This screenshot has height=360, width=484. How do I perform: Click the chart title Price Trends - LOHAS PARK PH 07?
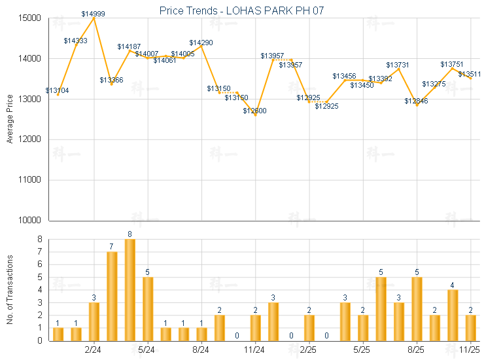coord(242,10)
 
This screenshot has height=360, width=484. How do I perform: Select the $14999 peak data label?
coord(94,14)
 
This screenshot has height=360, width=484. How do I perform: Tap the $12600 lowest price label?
coord(255,111)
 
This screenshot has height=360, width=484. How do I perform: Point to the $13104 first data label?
coord(57,90)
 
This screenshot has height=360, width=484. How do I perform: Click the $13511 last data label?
coord(470,74)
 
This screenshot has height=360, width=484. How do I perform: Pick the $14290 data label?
coord(201,43)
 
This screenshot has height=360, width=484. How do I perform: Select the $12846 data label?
coord(416,101)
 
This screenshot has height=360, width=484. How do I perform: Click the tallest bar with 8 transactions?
coord(130,290)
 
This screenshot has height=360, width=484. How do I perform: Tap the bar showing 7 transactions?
coord(112,296)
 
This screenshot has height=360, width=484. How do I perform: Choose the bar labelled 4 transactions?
coord(453,315)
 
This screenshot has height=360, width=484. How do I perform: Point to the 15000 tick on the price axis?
coord(31,18)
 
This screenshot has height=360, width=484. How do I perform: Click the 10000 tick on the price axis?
coord(31,221)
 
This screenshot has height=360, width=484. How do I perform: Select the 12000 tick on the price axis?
coord(31,139)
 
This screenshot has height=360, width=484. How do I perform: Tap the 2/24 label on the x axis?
coord(94,351)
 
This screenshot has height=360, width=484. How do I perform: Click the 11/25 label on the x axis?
coord(470,351)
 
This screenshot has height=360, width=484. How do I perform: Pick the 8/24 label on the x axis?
coord(201,351)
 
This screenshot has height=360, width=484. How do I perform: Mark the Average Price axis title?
coord(9,119)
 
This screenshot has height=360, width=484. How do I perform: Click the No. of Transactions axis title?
coord(9,290)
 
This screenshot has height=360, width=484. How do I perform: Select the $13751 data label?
coord(452,64)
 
